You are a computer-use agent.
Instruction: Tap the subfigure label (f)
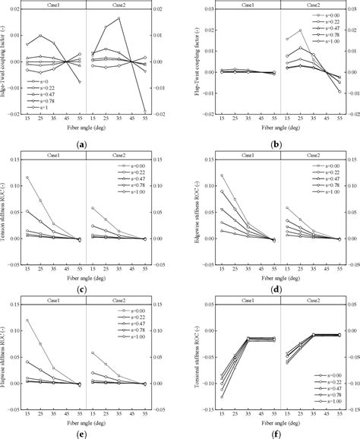[270, 431]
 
